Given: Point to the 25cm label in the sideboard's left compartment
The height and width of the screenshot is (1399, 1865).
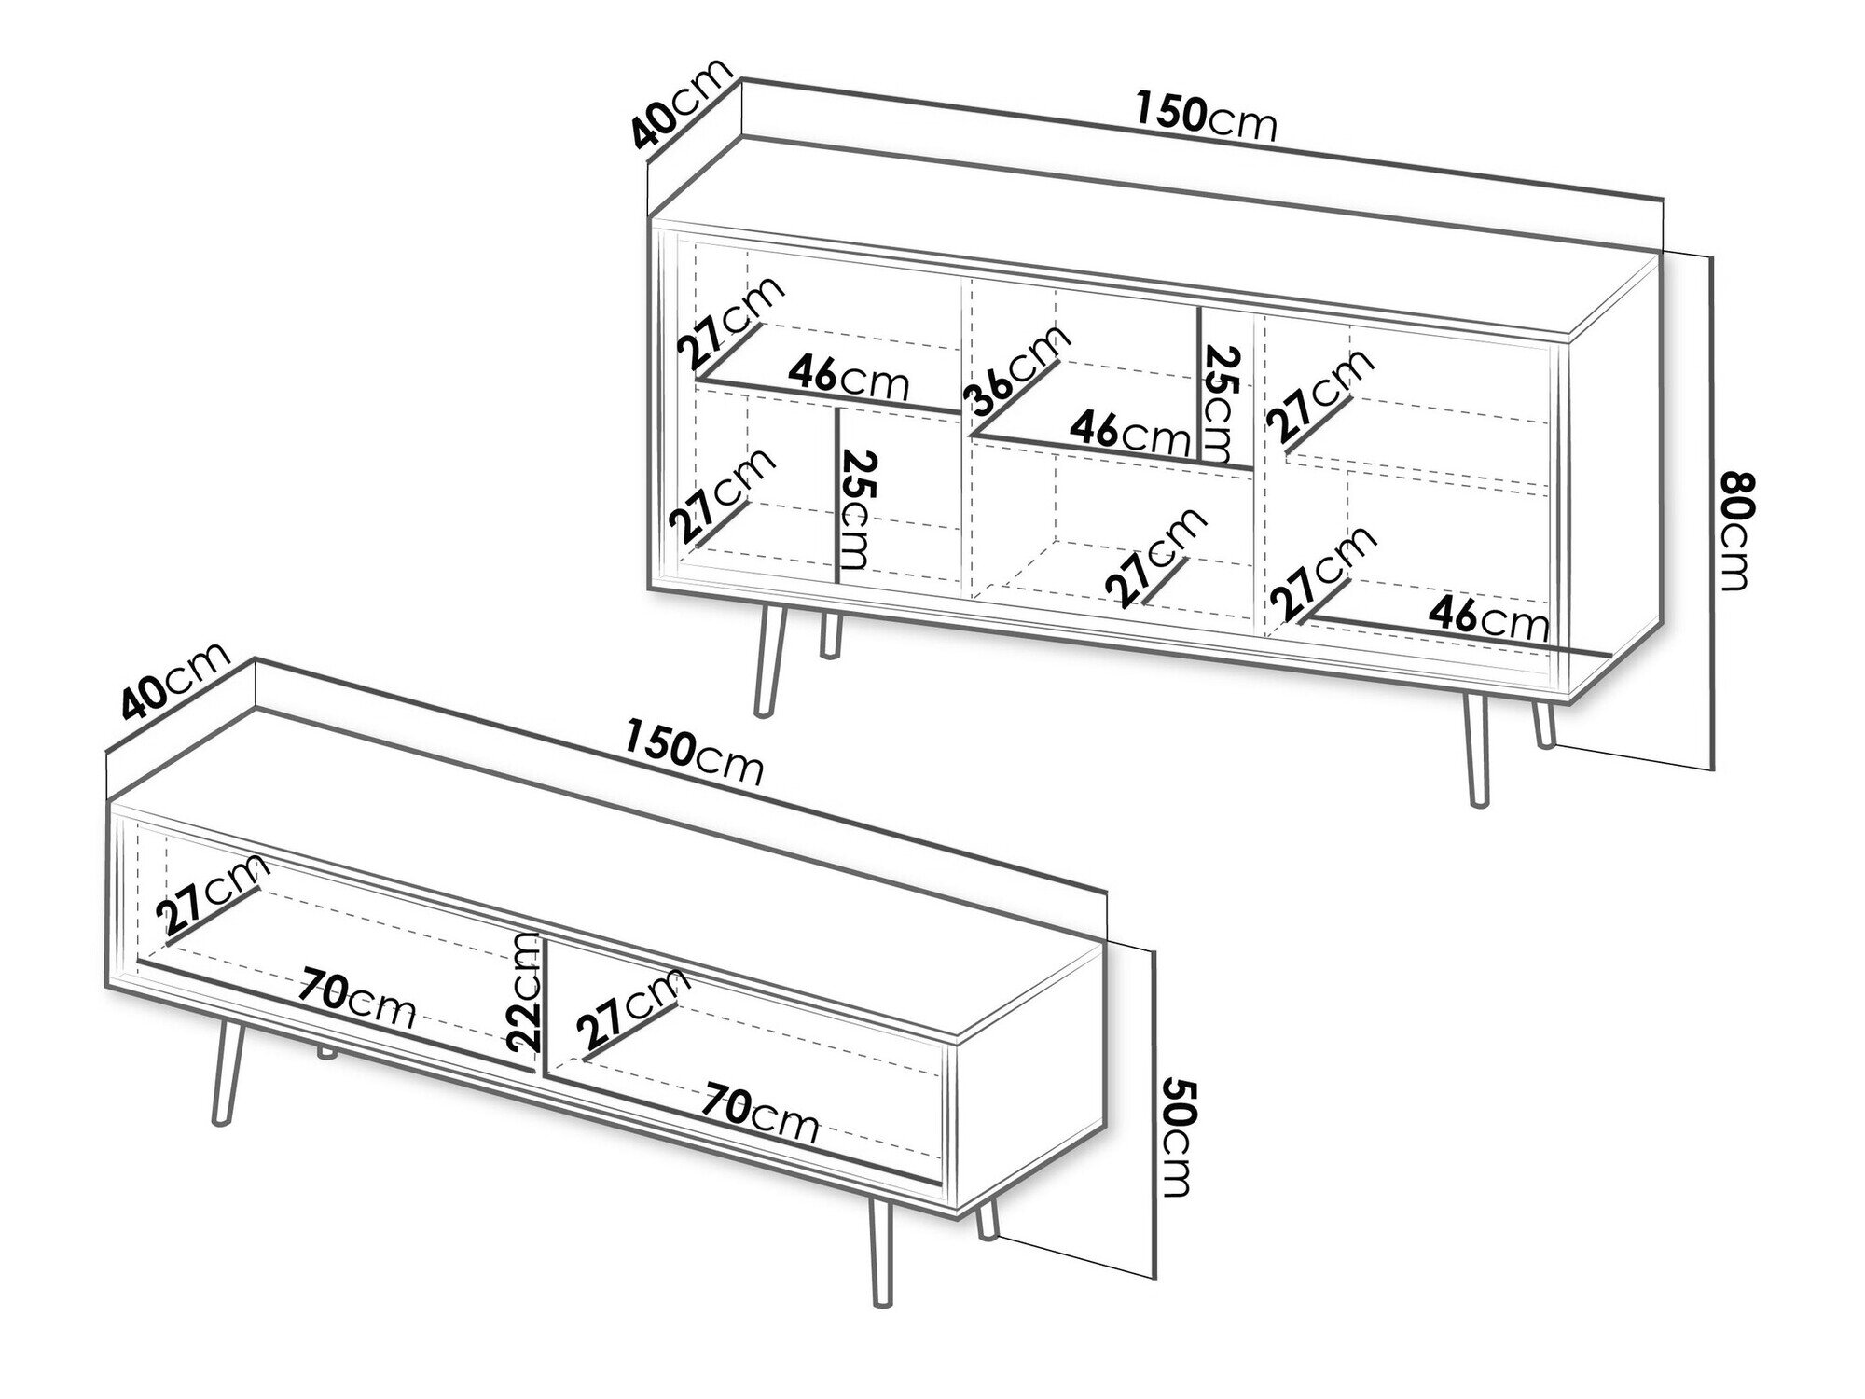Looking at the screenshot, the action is [859, 509].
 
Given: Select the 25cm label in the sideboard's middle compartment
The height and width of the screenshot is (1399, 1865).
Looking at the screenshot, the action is [1223, 406].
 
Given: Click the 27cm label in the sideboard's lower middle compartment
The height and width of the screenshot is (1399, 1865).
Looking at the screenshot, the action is [1156, 557].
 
